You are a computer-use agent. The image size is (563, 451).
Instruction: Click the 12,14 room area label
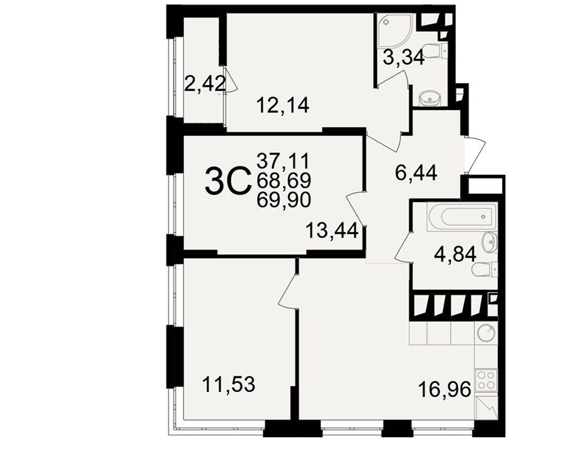[283, 106]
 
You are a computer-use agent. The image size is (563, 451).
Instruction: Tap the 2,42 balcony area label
[205, 84]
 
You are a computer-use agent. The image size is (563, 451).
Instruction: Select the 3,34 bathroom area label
[404, 57]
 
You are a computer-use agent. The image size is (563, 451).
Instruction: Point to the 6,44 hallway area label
[416, 173]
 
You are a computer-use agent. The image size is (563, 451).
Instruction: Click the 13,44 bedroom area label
[332, 231]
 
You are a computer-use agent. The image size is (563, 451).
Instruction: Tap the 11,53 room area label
[229, 384]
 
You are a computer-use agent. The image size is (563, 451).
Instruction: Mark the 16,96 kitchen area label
[445, 390]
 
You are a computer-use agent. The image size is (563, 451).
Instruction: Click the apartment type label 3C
[227, 182]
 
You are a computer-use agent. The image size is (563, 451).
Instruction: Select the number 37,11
[283, 161]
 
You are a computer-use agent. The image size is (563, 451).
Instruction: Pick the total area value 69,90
[284, 200]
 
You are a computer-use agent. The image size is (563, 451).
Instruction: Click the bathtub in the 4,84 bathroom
[462, 216]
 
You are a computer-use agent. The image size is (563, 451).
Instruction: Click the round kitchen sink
[486, 333]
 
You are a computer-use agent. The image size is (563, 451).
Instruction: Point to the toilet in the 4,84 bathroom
[484, 269]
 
